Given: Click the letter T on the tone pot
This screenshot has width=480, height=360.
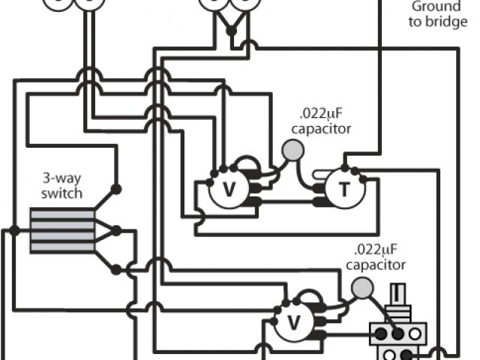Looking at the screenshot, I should click(x=343, y=190).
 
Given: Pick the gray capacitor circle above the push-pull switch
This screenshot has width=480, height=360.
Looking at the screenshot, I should click(x=362, y=287).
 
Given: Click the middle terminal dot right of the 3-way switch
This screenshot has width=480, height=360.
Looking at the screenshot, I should click(x=115, y=230).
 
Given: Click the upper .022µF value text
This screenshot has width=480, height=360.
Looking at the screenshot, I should click(x=323, y=115).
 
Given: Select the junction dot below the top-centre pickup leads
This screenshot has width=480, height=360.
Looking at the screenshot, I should click(x=231, y=31).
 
